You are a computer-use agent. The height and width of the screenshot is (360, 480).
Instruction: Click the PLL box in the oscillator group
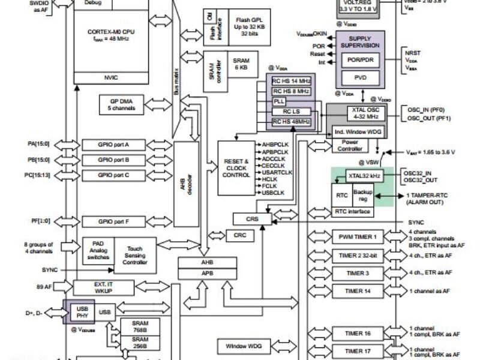pyautogui.click(x=279, y=101)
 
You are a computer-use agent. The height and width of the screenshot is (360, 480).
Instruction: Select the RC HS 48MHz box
pyautogui.click(x=292, y=122)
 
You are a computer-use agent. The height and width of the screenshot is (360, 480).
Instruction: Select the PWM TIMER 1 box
pyautogui.click(x=358, y=237)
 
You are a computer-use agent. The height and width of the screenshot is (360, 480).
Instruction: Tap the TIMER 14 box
pyautogui.click(x=358, y=291)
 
